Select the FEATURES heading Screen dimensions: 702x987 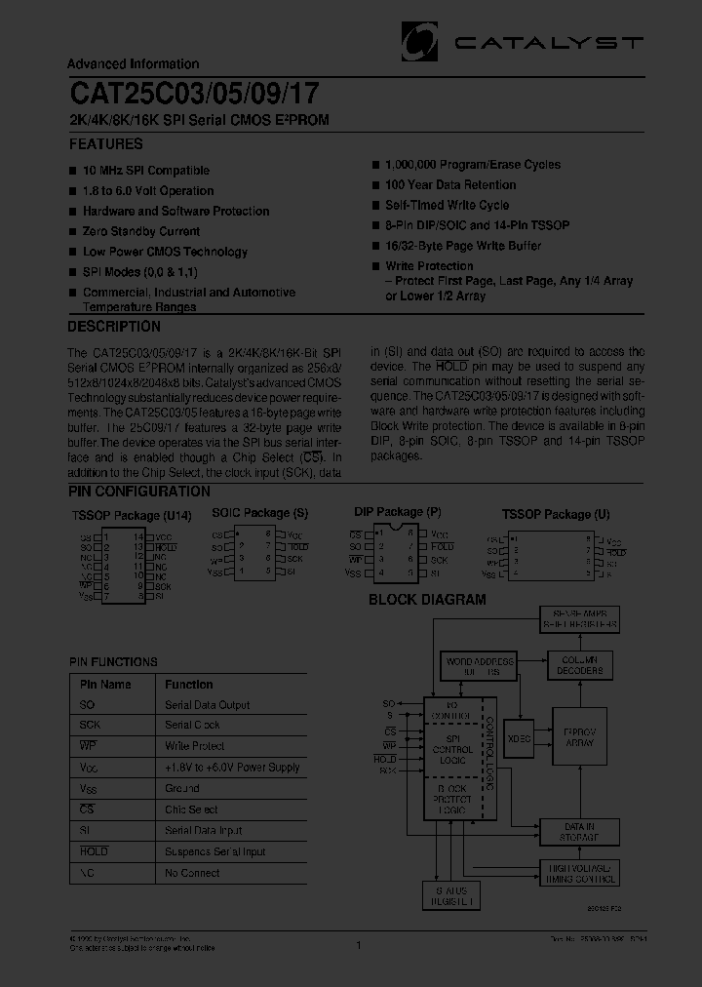pos(105,144)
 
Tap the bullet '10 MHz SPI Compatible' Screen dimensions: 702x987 pos(146,171)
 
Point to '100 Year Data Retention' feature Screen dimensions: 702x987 pos(450,185)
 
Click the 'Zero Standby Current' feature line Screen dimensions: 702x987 pos(141,232)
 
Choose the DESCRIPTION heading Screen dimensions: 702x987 pos(114,328)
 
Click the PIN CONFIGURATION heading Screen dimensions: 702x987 pos(138,493)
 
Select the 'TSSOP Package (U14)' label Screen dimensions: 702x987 pos(132,516)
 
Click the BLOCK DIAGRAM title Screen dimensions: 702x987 pos(427,601)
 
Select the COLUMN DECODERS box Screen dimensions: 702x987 pos(581,665)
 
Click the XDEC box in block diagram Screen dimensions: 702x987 pos(520,739)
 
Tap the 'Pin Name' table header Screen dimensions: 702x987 pos(105,685)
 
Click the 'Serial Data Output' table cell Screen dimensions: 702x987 pos(207,705)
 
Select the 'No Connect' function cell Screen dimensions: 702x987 pos(192,873)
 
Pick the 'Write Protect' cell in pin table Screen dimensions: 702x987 pos(194,747)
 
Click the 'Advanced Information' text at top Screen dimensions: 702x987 pos(133,64)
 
